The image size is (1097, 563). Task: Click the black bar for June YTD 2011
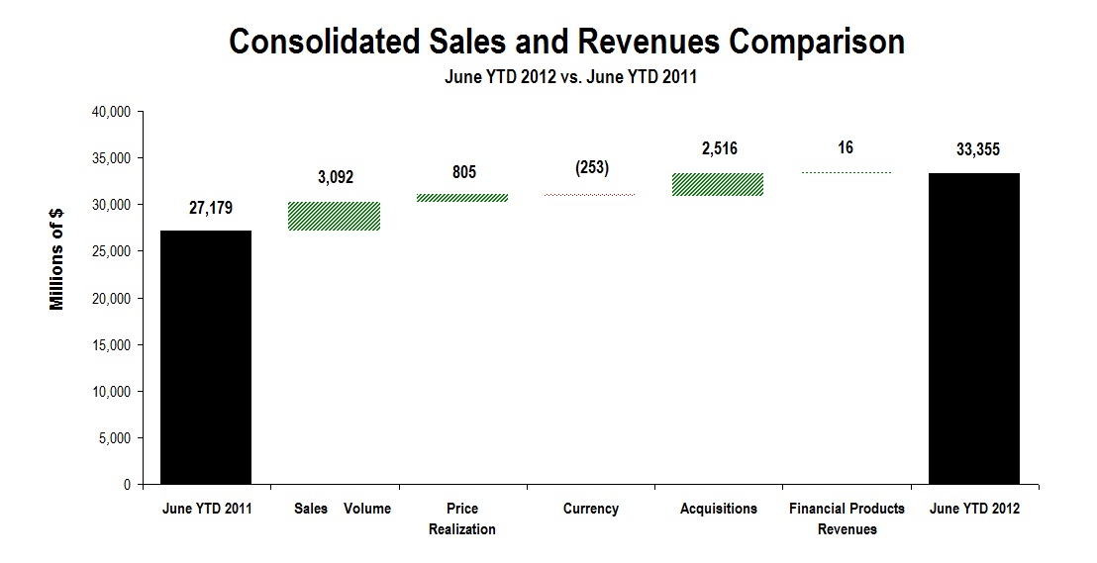pyautogui.click(x=206, y=357)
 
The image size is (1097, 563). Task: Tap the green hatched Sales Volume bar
pyautogui.click(x=335, y=216)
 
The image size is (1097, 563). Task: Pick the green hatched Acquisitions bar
pyautogui.click(x=718, y=184)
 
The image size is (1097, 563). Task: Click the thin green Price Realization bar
pyautogui.click(x=462, y=198)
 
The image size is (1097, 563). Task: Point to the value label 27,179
pyautogui.click(x=206, y=210)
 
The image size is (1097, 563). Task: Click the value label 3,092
pyautogui.click(x=335, y=178)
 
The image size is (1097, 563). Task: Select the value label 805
pyautogui.click(x=462, y=172)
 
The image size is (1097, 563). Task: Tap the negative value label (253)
pyautogui.click(x=590, y=168)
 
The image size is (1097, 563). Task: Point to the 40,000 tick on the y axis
pyautogui.click(x=112, y=112)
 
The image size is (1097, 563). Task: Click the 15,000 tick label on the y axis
pyautogui.click(x=112, y=345)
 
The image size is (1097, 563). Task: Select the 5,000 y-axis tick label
pyautogui.click(x=116, y=438)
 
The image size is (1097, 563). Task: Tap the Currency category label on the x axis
pyautogui.click(x=590, y=509)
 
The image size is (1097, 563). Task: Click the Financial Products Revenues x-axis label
pyautogui.click(x=847, y=518)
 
